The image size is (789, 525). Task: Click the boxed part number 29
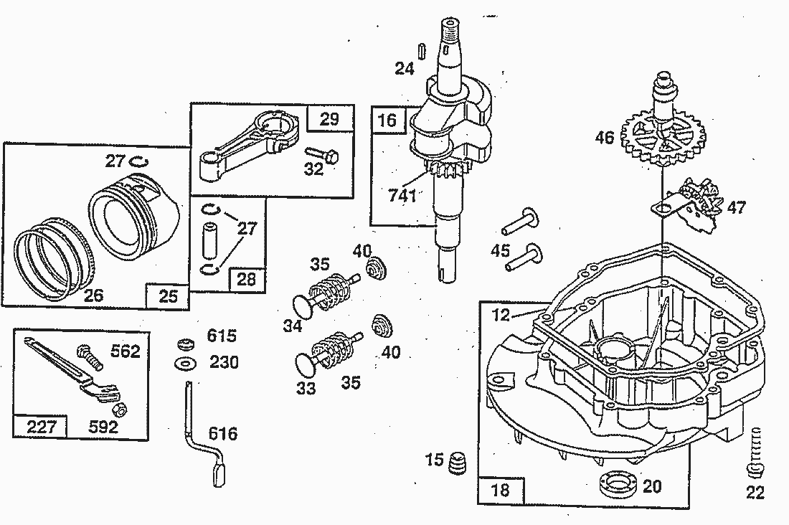point(330,119)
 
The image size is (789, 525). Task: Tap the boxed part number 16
point(387,120)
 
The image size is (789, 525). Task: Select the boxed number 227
point(41,427)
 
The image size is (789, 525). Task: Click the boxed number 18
point(500,489)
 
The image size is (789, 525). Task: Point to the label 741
point(402,195)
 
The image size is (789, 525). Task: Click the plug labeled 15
point(457,462)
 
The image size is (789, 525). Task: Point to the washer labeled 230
point(186,364)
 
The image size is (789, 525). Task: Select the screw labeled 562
point(90,357)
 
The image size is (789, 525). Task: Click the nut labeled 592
point(121,410)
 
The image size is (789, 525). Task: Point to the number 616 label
point(223,434)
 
